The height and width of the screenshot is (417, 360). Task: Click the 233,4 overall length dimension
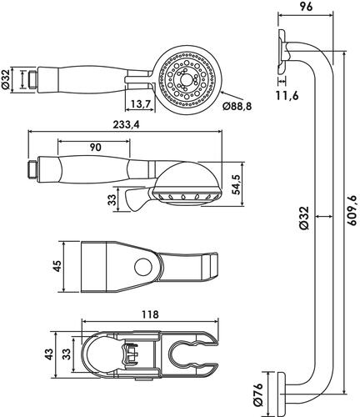tap(126, 125)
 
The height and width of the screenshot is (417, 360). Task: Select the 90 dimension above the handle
tap(95, 148)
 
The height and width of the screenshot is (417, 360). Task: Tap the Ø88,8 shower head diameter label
tap(237, 106)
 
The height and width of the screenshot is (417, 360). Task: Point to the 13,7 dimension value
tap(141, 104)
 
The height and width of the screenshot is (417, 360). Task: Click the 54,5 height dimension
tap(237, 185)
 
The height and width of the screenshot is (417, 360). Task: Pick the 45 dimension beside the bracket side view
tap(57, 266)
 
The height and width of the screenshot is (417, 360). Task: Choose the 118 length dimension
tap(150, 314)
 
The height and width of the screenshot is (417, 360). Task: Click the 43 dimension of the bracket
tap(49, 354)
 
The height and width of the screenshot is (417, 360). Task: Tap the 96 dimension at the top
tap(306, 7)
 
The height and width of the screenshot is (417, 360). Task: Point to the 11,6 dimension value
tap(287, 96)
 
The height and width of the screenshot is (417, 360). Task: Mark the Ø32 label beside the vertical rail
tap(304, 218)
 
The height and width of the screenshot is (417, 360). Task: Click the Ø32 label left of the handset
tap(6, 79)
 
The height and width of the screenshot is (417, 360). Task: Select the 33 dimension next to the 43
tap(67, 354)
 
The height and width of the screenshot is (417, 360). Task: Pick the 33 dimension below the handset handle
tap(112, 199)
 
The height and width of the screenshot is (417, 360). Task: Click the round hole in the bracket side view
tap(143, 267)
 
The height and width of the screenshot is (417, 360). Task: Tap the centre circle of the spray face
tap(184, 80)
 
